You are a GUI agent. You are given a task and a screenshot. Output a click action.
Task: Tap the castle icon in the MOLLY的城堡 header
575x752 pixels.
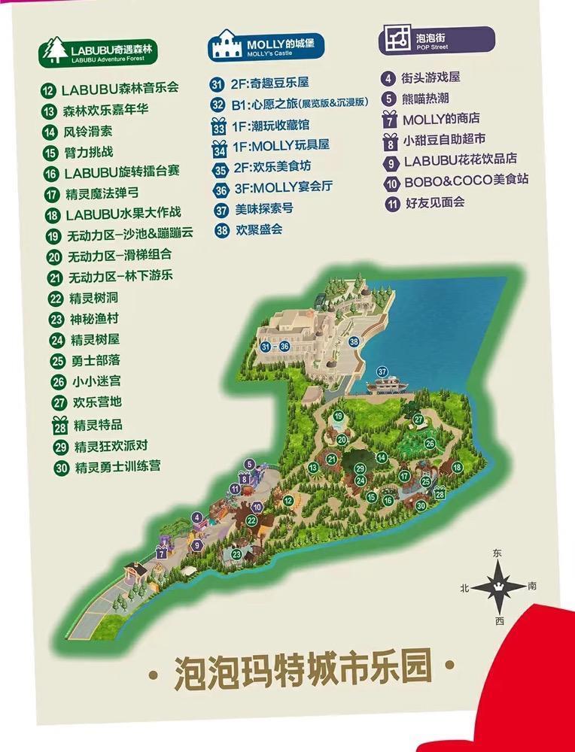pos(224,46)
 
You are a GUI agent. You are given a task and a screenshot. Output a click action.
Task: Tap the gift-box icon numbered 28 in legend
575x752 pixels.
pos(59,424)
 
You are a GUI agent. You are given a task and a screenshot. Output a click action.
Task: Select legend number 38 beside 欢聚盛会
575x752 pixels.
pos(221,231)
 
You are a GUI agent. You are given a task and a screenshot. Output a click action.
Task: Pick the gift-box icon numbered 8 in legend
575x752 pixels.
pos(390,140)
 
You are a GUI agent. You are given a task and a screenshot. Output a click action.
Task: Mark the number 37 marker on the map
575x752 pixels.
pos(382,371)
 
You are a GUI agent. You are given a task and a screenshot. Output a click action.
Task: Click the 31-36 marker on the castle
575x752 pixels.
pos(274,347)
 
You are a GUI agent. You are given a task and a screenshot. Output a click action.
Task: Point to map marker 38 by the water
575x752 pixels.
pos(354,342)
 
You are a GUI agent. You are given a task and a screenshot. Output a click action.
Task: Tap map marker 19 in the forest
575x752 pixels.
pos(339,416)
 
